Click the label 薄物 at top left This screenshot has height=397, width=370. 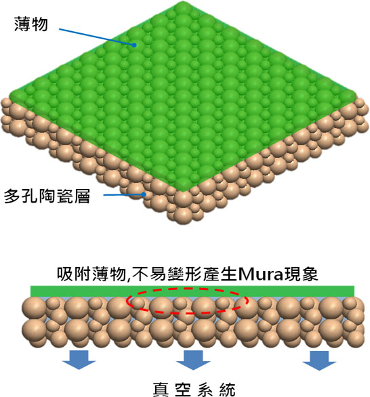(31, 24)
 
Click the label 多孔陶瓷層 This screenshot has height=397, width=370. (47, 196)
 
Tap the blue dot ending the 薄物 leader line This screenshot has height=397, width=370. (134, 45)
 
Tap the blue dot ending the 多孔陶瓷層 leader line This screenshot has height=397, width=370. (144, 194)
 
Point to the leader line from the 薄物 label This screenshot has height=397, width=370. (96, 37)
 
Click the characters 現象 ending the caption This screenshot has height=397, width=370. (301, 274)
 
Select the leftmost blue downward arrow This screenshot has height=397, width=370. (79, 360)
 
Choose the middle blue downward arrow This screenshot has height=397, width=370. (193, 360)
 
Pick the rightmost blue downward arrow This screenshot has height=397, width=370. (319, 360)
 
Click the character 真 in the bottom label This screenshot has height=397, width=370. (161, 390)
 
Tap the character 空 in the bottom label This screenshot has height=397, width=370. (183, 390)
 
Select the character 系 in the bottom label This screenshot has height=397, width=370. (205, 390)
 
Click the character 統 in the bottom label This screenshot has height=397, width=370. (227, 390)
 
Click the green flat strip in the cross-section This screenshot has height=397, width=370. (192, 291)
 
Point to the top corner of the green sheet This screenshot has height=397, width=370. (183, 1)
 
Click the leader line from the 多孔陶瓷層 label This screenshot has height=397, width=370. (123, 194)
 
